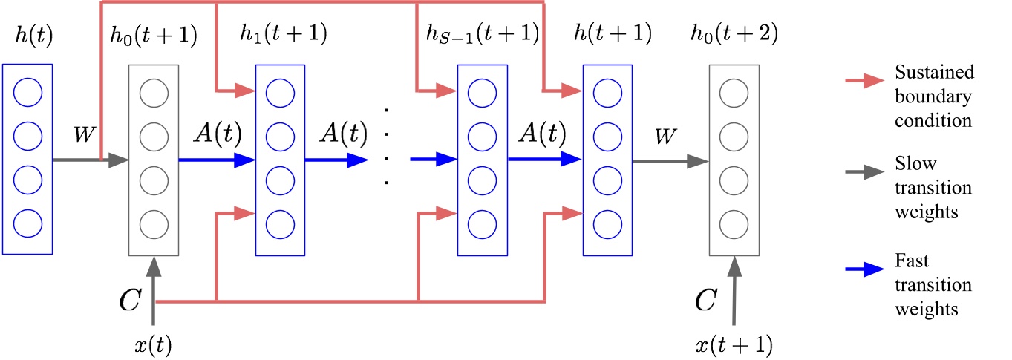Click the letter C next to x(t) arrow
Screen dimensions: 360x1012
131,300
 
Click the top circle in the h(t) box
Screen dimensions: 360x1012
27,94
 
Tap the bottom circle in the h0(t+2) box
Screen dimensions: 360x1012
734,222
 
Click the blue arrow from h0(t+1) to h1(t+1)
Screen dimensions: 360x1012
216,159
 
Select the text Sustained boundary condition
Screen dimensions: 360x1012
933,96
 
